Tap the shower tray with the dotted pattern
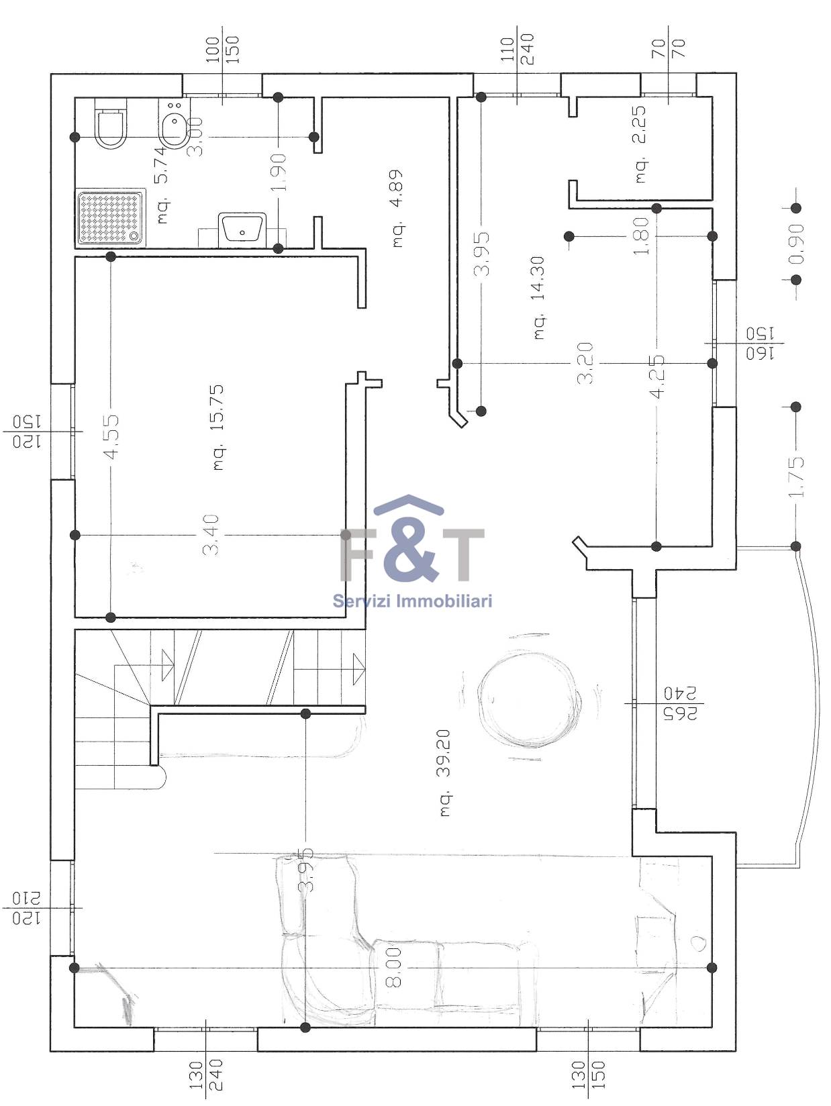coord(111,218)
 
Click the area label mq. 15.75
coord(218,428)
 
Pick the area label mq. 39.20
coord(446,772)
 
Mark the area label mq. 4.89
coord(397,207)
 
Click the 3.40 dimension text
coord(211,535)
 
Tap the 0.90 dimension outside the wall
coord(797,244)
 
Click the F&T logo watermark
coord(412,538)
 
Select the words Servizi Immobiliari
coord(412,601)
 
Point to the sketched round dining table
coord(528,699)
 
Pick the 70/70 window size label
coord(669,49)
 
